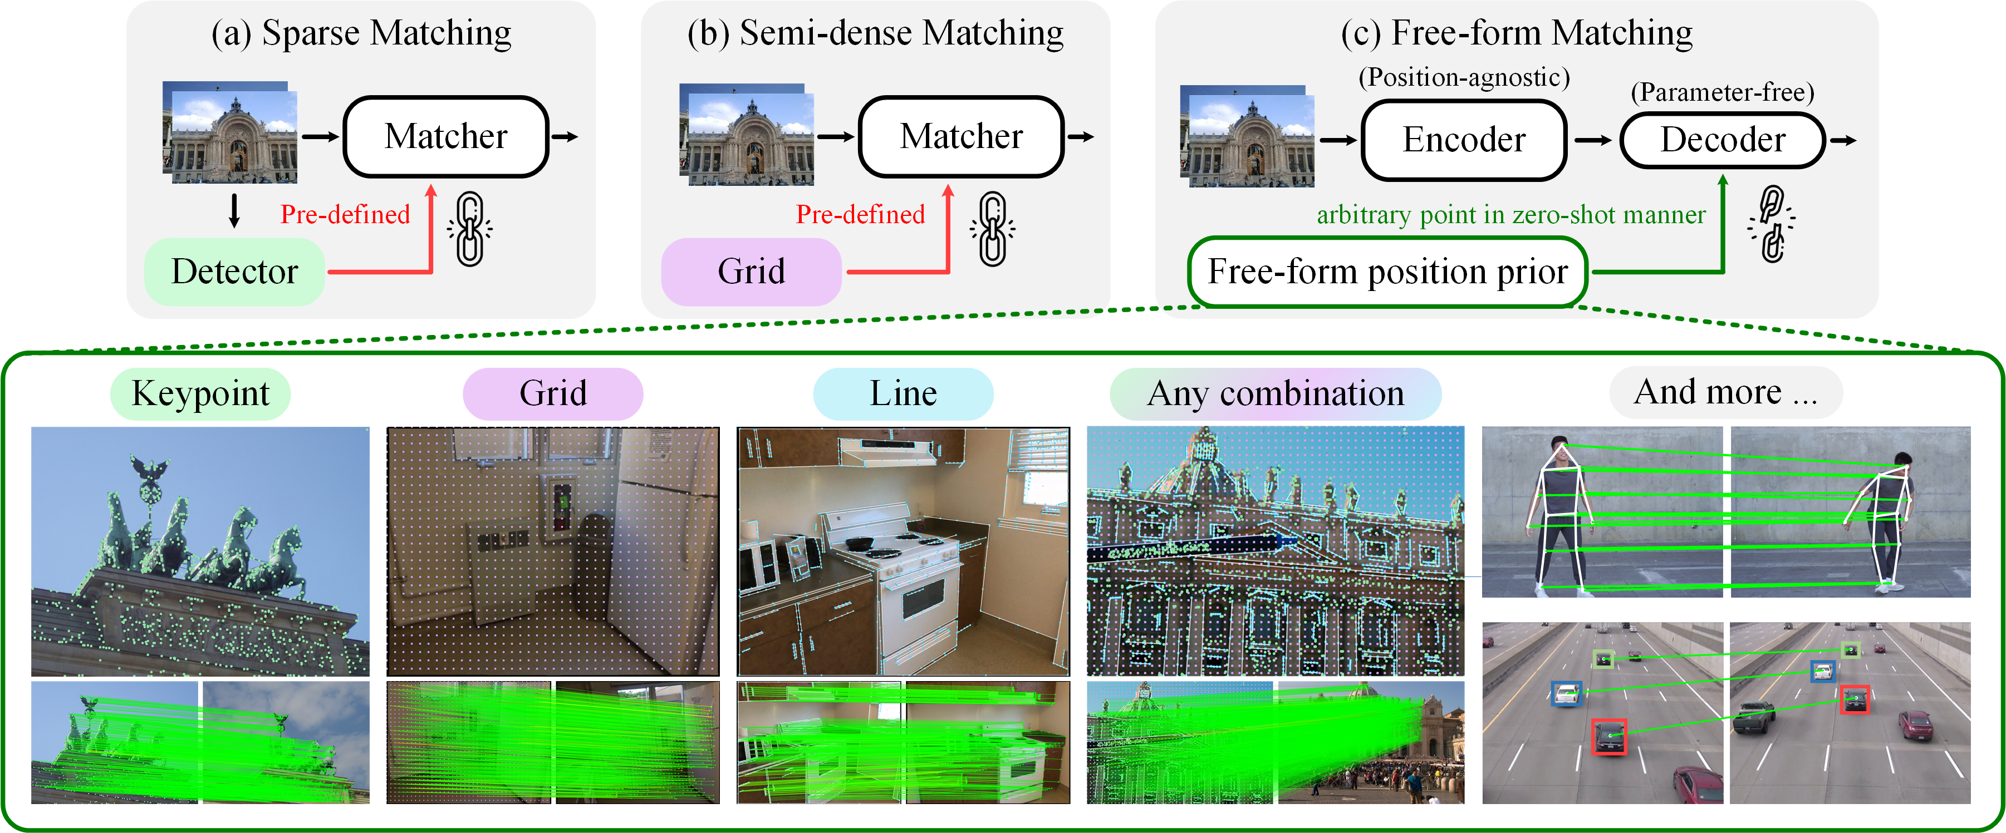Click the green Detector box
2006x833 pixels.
pyautogui.click(x=234, y=272)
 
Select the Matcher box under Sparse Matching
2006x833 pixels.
pyautogui.click(x=446, y=137)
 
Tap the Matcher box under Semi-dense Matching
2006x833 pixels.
pyautogui.click(x=961, y=137)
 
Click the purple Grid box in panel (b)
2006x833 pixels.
pyautogui.click(x=751, y=272)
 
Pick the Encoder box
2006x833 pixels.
pyautogui.click(x=1464, y=140)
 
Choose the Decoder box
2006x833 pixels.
pyautogui.click(x=1723, y=140)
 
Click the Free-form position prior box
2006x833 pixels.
pyautogui.click(x=1387, y=272)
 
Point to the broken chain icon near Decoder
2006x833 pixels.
pyautogui.click(x=1772, y=224)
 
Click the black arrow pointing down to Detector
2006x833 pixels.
pyautogui.click(x=234, y=211)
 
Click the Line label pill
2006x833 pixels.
pyautogui.click(x=903, y=394)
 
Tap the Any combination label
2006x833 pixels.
pyautogui.click(x=1275, y=394)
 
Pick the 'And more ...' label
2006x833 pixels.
pyautogui.click(x=1725, y=392)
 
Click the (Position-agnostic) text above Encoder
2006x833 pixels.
pyautogui.click(x=1464, y=77)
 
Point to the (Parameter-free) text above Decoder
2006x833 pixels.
pyautogui.click(x=1723, y=92)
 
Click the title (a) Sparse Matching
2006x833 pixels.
pyautogui.click(x=361, y=33)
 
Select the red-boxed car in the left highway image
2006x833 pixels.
pyautogui.click(x=1609, y=736)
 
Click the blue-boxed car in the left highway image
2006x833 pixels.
pyautogui.click(x=1566, y=694)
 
